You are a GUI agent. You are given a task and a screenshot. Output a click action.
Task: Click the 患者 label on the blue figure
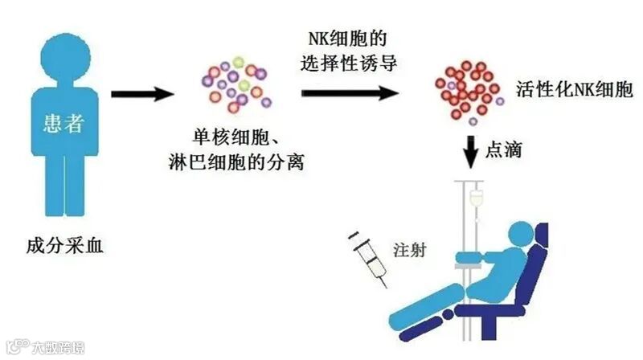tap(62, 126)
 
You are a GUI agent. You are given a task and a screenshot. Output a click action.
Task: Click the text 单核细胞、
tap(234, 140)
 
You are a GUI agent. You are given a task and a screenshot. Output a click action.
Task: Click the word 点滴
tap(505, 149)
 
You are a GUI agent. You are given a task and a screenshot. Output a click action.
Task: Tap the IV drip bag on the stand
tap(477, 198)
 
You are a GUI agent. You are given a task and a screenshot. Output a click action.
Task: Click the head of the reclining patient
tap(526, 235)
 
